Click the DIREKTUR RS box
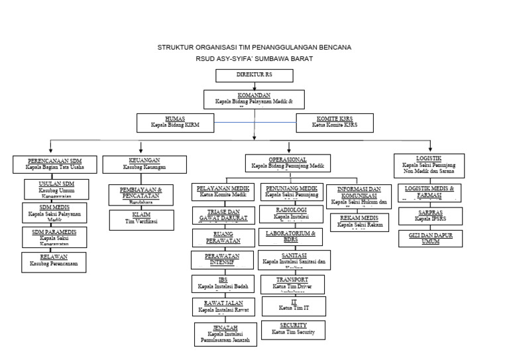coord(254,75)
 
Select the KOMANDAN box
coord(254,99)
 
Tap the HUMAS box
coord(175,122)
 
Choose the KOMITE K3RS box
coord(334,122)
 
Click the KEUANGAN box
coord(144,164)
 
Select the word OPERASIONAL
coord(287,160)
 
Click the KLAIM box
coord(141,219)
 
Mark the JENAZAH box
coord(223,333)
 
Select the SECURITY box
coord(293,329)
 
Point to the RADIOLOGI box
coord(291,213)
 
